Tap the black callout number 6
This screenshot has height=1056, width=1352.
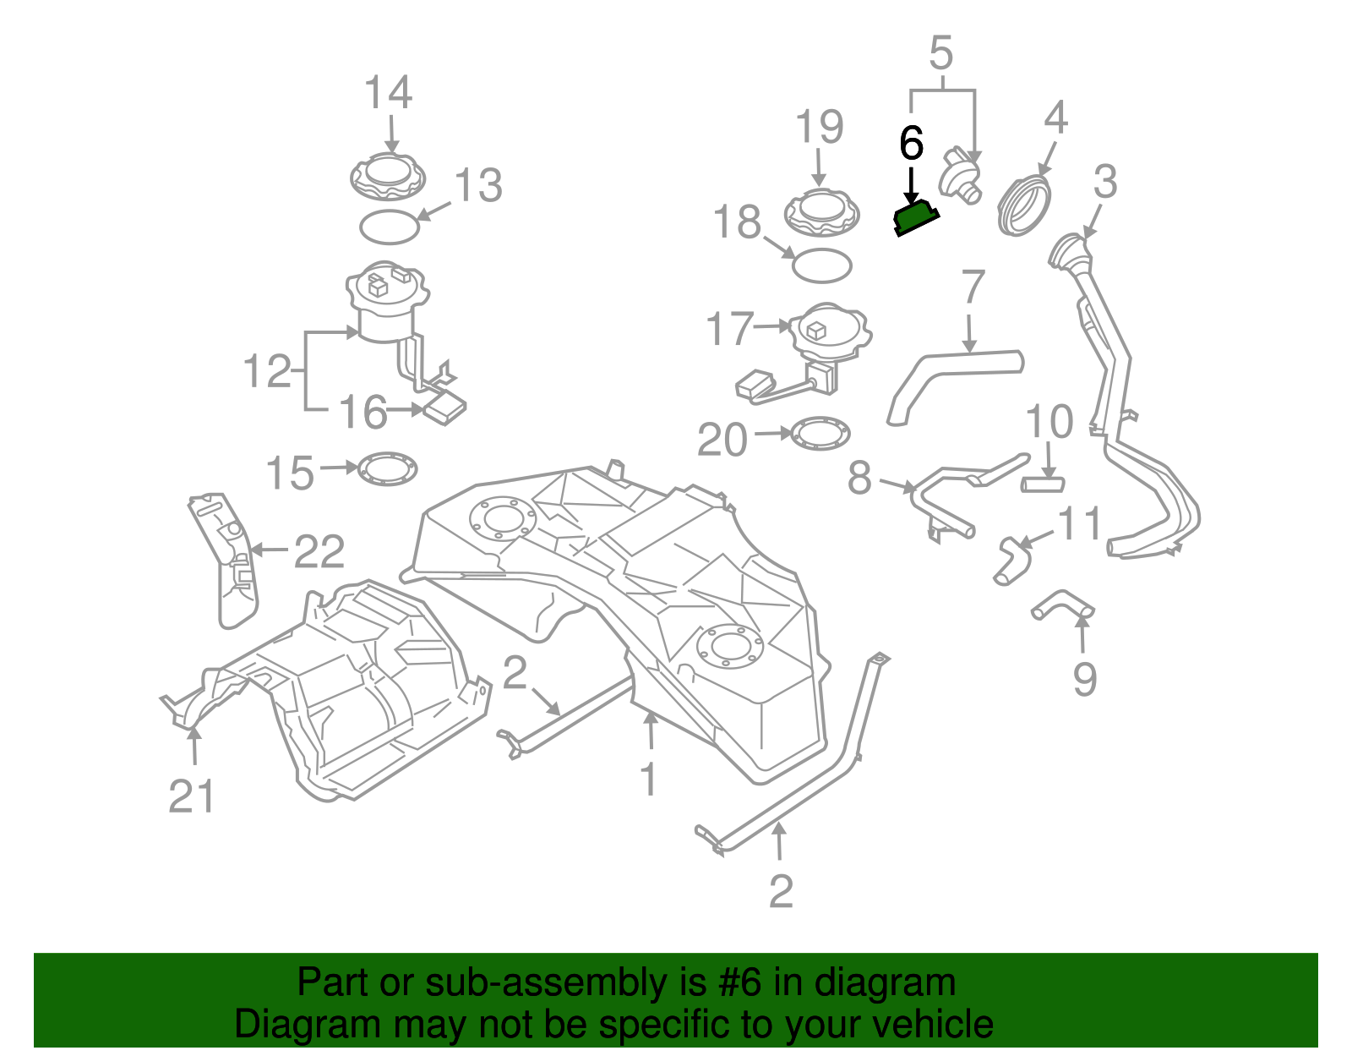[x=911, y=144]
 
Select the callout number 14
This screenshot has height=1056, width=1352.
[x=388, y=93]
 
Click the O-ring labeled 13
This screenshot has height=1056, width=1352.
[x=389, y=227]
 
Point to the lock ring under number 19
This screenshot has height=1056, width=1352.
[x=821, y=212]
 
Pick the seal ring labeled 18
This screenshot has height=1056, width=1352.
[x=821, y=265]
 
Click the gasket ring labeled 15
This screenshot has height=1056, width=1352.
[x=388, y=469]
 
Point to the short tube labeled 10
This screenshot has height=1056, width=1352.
[x=1044, y=484]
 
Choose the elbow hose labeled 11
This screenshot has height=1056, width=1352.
[x=1012, y=560]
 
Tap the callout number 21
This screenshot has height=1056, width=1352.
[x=192, y=796]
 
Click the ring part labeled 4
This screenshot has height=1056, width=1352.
[x=1025, y=205]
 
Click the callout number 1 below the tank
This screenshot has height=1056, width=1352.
[x=648, y=780]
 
